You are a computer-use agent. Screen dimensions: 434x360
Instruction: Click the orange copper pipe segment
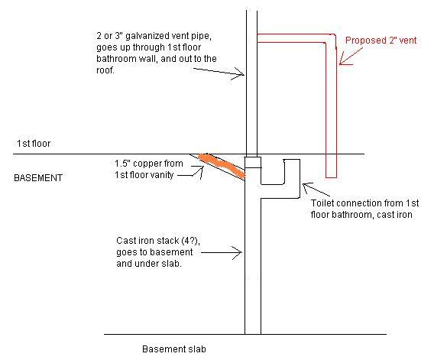[x=222, y=166]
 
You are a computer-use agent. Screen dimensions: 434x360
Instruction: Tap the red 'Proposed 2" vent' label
[x=381, y=41]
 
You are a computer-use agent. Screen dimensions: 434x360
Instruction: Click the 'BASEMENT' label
[x=38, y=178]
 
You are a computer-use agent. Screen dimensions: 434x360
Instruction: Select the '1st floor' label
[x=34, y=144]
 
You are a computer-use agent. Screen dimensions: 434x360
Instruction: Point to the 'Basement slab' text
[x=174, y=349]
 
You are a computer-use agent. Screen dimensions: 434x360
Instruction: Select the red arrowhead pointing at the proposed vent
[x=344, y=61]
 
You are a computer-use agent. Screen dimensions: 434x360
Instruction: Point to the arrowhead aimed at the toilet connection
[x=306, y=187]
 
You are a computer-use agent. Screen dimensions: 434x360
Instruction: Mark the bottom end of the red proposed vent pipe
[x=331, y=177]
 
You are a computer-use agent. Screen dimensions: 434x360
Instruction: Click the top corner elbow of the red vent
[x=331, y=38]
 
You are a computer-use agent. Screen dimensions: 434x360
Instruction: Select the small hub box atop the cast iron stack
[x=253, y=162]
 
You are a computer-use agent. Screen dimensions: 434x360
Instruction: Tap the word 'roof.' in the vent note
[x=105, y=70]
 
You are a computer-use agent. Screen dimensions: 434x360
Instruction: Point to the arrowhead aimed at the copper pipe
[x=200, y=171]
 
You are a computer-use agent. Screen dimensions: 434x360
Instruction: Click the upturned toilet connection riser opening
[x=292, y=160]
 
